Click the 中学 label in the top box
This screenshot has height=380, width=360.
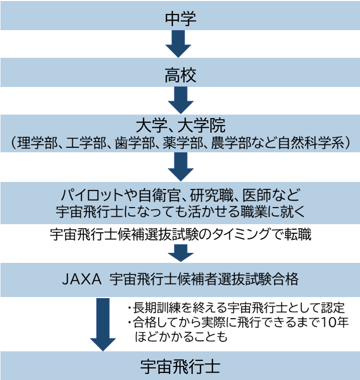click(x=180, y=19)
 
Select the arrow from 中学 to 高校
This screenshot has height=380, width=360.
click(x=178, y=44)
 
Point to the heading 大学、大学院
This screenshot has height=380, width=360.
click(x=180, y=125)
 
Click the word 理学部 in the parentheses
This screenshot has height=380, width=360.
click(x=35, y=142)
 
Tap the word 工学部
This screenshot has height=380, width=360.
click(x=90, y=142)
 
